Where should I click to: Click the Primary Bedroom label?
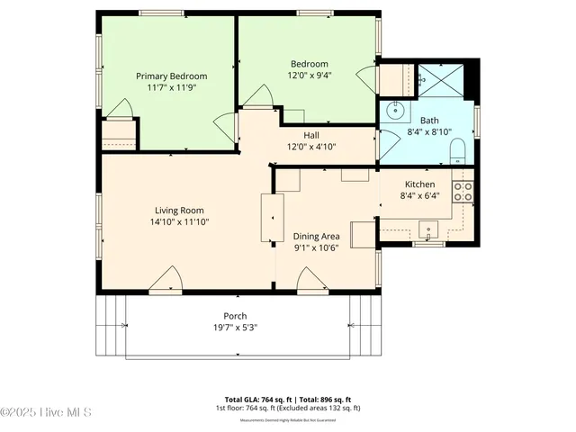point(171,76)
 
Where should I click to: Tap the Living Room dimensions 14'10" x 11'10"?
point(180,221)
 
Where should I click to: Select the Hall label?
point(310,135)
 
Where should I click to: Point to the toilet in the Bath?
point(456,149)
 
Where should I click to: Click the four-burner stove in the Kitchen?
point(463,191)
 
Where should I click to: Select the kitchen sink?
point(429,229)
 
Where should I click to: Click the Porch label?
point(236,316)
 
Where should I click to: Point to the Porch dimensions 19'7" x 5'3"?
point(236,328)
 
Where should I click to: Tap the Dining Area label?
point(316,236)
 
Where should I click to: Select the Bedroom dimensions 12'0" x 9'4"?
point(309,76)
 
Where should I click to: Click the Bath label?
point(429,121)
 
